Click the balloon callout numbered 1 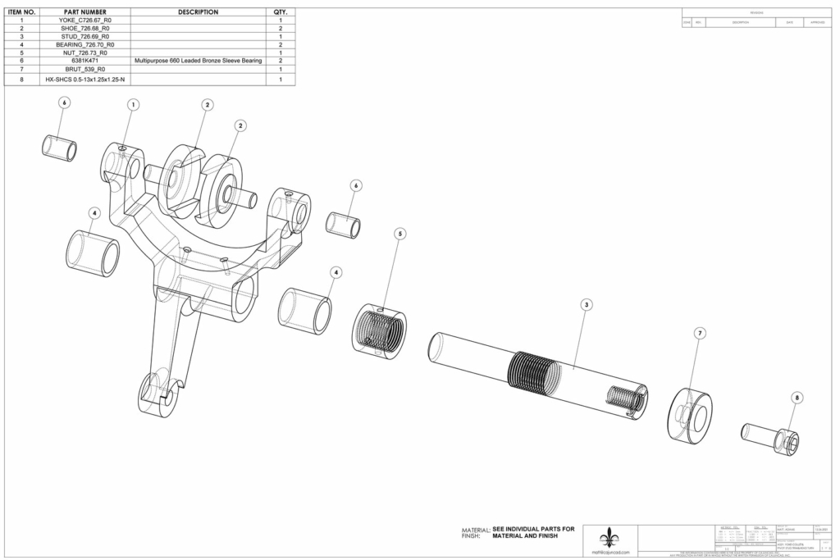[x=134, y=104]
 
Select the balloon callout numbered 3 [x=586, y=304]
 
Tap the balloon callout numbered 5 [x=399, y=234]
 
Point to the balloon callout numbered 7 [x=699, y=334]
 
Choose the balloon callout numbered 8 [x=797, y=397]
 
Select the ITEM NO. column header [x=21, y=12]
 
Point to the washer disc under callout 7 [x=689, y=416]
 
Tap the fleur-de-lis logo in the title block [x=609, y=537]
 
